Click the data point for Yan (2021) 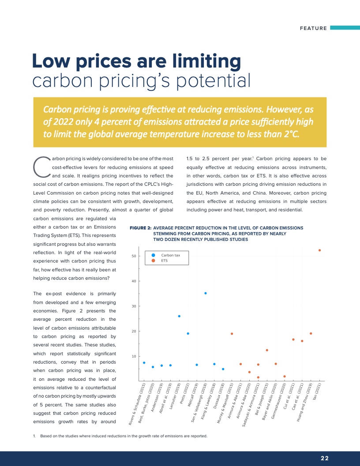click(319, 250)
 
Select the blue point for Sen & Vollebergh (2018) click(206, 293)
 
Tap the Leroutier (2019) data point click(179, 316)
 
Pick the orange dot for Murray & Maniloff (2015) click(232, 334)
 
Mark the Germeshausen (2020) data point click(285, 376)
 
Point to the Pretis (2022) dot click(188, 334)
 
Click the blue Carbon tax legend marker click(153, 255)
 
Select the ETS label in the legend click(164, 261)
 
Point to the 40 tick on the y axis click(134, 281)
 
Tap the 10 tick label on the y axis click(134, 356)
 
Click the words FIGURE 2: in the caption click(140, 228)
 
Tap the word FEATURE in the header click(313, 28)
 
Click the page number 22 click(325, 458)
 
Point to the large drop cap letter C click(41, 167)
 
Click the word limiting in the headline click(206, 61)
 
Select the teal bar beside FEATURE click(345, 28)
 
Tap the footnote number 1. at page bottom click(34, 436)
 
